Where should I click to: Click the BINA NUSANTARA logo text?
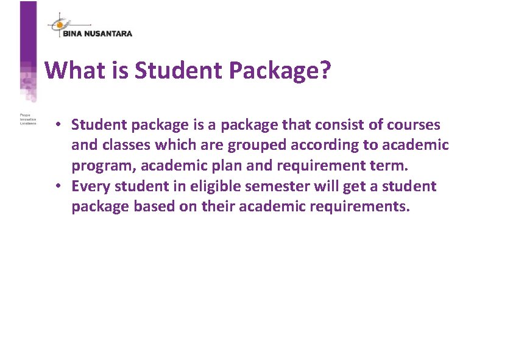(97, 34)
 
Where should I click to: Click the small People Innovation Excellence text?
(28, 118)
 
